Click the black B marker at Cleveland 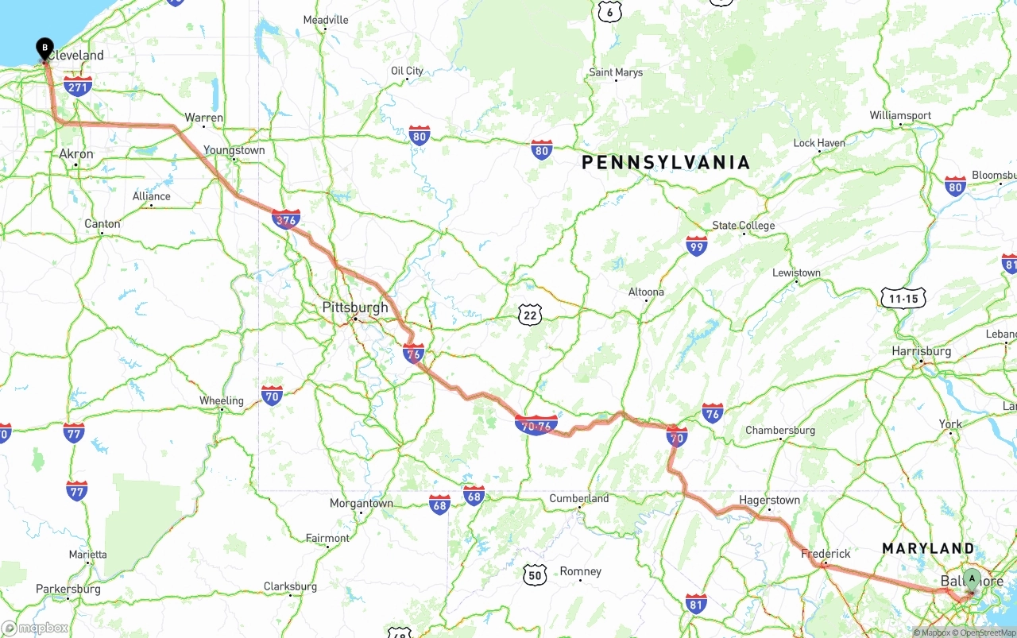pyautogui.click(x=44, y=48)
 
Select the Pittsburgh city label pyautogui.click(x=355, y=307)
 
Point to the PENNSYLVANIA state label pyautogui.click(x=666, y=163)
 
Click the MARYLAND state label pyautogui.click(x=928, y=548)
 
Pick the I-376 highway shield pyautogui.click(x=286, y=219)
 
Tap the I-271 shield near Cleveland pyautogui.click(x=78, y=87)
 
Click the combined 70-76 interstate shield pyautogui.click(x=536, y=425)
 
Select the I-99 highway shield pyautogui.click(x=696, y=246)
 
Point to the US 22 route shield pyautogui.click(x=530, y=315)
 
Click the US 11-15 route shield pyautogui.click(x=903, y=299)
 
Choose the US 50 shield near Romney pyautogui.click(x=536, y=574)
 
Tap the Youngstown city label pyautogui.click(x=234, y=150)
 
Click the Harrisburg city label pyautogui.click(x=922, y=351)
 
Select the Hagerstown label pyautogui.click(x=769, y=500)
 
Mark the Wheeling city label pyautogui.click(x=221, y=400)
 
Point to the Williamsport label pyautogui.click(x=900, y=115)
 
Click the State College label pyautogui.click(x=743, y=226)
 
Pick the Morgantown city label pyautogui.click(x=362, y=503)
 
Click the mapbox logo pyautogui.click(x=35, y=628)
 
